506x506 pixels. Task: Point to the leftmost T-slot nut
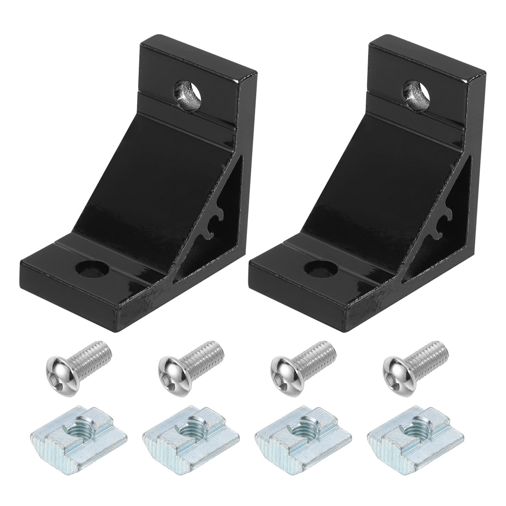click(79, 441)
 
